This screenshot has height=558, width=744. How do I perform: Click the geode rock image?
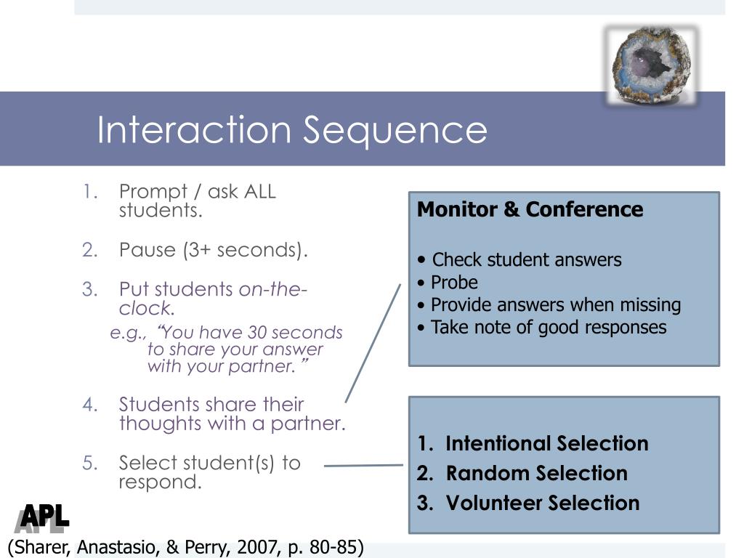651,66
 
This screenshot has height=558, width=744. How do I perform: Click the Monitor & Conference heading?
530,209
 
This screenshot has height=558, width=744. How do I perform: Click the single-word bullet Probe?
454,282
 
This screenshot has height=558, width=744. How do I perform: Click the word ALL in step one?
260,192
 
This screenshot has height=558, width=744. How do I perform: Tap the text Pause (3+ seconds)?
214,250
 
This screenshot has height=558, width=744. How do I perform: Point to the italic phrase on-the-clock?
272,290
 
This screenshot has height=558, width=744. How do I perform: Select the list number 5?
89,463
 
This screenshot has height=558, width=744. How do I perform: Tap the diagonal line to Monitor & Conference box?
373,342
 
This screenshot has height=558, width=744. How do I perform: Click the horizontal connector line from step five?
363,466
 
